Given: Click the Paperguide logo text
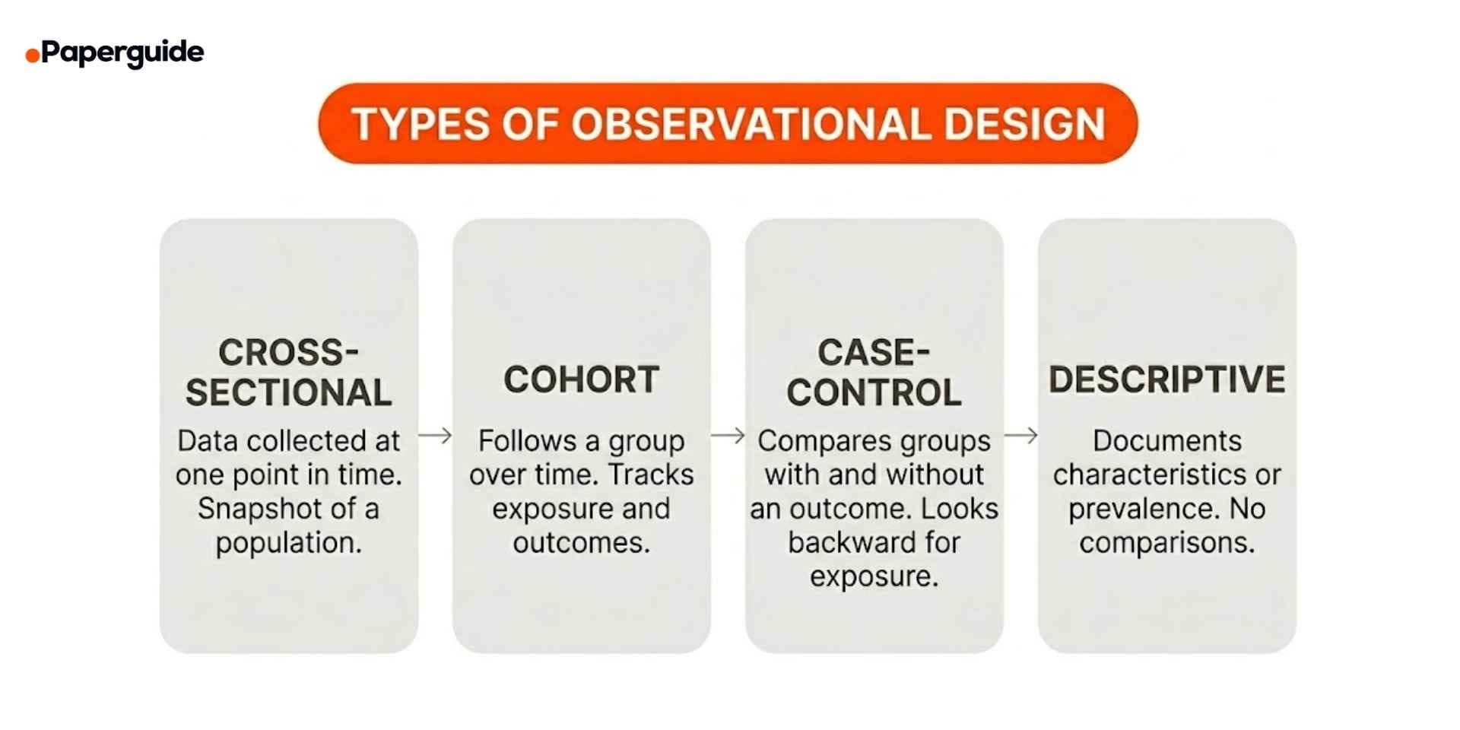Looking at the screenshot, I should pyautogui.click(x=122, y=52).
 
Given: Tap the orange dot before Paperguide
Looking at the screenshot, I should pyautogui.click(x=33, y=55).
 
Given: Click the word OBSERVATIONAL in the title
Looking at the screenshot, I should pyautogui.click(x=751, y=124).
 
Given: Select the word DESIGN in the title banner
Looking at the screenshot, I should pyautogui.click(x=1024, y=124).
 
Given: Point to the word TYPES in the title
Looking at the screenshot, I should pyautogui.click(x=421, y=124).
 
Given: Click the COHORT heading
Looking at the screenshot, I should pyautogui.click(x=581, y=379).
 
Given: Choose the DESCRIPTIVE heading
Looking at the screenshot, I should pyautogui.click(x=1166, y=379).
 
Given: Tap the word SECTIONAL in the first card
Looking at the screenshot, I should pyautogui.click(x=289, y=392).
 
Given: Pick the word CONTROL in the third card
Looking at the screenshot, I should pyautogui.click(x=874, y=392).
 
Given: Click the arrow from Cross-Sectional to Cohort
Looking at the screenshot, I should pyautogui.click(x=435, y=436).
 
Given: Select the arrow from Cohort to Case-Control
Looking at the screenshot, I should pyautogui.click(x=728, y=436).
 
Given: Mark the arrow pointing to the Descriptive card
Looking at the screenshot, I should pyautogui.click(x=1020, y=436).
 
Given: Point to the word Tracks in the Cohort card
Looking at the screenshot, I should pyautogui.click(x=651, y=474).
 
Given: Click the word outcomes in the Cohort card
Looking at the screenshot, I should pyautogui.click(x=581, y=543).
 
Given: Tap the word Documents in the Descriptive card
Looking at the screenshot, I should pyautogui.click(x=1166, y=441).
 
